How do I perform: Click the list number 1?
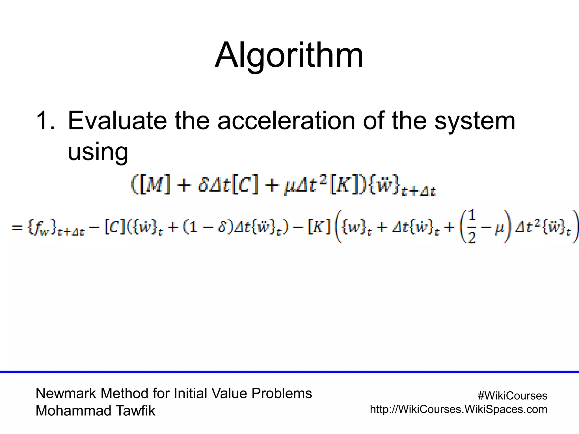[x=45, y=121]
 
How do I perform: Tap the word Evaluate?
[x=117, y=121]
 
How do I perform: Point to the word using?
[x=98, y=152]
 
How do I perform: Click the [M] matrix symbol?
[x=155, y=185]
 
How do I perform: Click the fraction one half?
[x=472, y=227]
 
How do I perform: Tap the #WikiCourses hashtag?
[x=512, y=396]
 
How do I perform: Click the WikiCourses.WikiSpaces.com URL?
[x=459, y=409]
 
